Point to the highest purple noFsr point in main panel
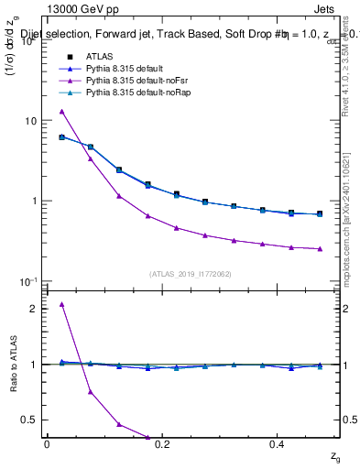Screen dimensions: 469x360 coord(61,112)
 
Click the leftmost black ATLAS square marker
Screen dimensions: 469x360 coord(61,137)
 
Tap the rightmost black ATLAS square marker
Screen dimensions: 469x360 coord(319,213)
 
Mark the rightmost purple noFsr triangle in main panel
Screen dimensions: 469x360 coord(319,248)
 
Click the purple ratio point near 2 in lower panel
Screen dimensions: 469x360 coord(61,304)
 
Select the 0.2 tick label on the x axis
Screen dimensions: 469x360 coord(163,444)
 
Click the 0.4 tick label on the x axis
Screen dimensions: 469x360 coord(279,444)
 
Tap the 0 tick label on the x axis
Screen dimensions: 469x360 coord(47,444)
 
